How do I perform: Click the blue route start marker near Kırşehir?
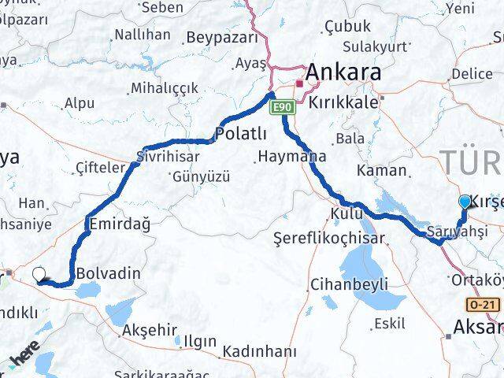click(465, 202)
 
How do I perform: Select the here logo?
click(24, 361)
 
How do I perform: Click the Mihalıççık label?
click(165, 87)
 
